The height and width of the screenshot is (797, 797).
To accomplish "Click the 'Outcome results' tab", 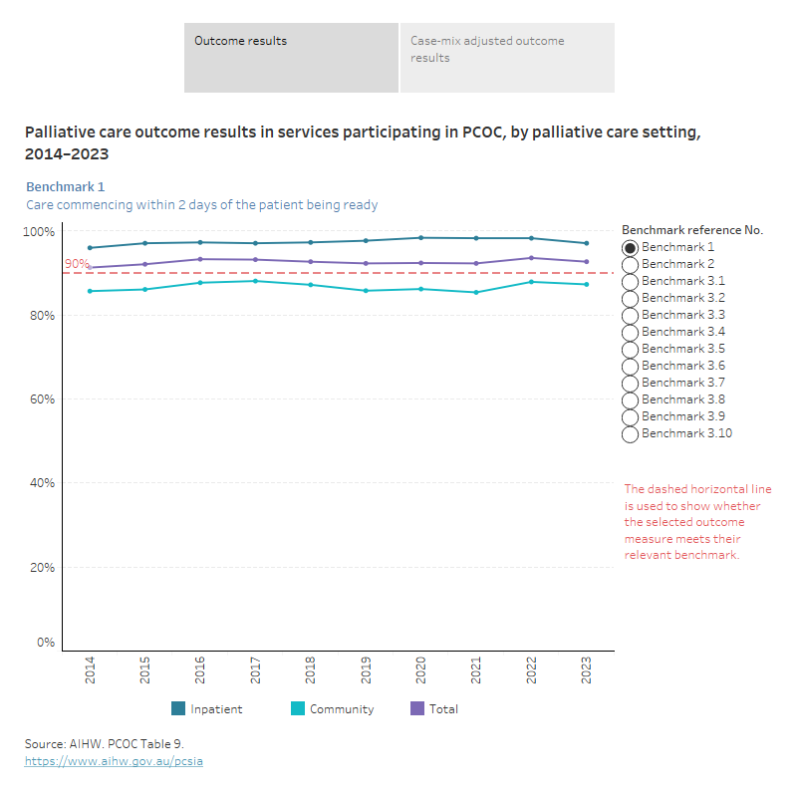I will coord(291,58).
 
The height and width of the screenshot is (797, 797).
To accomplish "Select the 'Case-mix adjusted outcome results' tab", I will coord(507,58).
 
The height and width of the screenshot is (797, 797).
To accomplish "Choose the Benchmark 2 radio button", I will coord(630,265).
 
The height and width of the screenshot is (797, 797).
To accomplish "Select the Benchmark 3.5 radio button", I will coord(630,350).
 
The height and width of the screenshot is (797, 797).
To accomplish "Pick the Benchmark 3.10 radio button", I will coord(630,434).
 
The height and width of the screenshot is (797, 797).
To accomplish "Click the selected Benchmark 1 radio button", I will coord(630,248).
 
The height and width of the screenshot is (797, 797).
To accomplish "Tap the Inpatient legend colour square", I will coord(178,709).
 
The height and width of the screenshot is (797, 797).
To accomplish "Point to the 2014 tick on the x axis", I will coord(91,668).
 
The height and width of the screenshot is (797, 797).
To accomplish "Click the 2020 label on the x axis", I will coord(421,668).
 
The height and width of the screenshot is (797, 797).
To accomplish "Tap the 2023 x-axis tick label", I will coord(587,668).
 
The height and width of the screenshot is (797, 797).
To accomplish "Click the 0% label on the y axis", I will coord(46,643).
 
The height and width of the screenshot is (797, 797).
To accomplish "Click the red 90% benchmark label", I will coord(76,264).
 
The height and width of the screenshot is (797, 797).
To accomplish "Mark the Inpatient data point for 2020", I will coord(421,238).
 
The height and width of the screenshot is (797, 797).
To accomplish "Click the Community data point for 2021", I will coord(476,292).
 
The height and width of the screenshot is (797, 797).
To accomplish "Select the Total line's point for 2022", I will coord(531,258).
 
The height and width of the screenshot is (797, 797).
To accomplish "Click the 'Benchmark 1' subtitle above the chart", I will coord(65,186).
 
